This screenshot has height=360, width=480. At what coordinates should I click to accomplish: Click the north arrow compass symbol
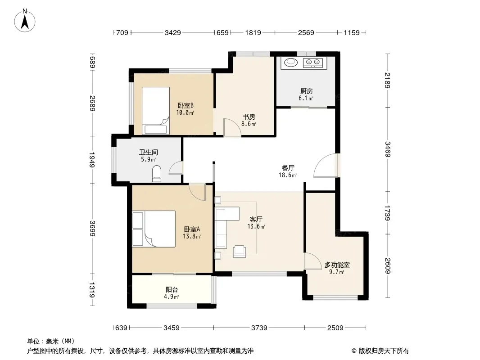(x=25, y=20)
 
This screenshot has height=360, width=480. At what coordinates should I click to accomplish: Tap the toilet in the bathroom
(x=157, y=173)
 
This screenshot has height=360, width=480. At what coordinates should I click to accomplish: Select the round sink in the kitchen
(x=291, y=63)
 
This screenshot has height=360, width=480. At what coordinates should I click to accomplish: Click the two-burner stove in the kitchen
(x=313, y=63)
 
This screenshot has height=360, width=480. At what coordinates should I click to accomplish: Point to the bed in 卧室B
(x=155, y=110)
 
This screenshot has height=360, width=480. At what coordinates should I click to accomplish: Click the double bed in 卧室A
(x=154, y=229)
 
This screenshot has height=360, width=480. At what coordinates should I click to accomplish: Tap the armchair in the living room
(x=240, y=252)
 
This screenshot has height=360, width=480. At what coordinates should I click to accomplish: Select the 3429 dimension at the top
(x=172, y=32)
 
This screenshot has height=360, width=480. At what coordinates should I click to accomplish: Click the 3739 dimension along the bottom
(x=259, y=328)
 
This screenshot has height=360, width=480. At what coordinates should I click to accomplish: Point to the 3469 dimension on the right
(x=388, y=149)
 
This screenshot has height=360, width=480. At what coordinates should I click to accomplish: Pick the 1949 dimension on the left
(x=92, y=160)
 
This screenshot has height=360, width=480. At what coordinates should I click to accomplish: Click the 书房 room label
(x=249, y=117)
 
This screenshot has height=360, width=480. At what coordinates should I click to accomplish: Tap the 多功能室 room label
(x=337, y=265)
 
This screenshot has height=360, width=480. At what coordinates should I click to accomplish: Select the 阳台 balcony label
(x=172, y=289)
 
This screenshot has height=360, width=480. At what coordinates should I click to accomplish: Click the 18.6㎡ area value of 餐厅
(x=288, y=175)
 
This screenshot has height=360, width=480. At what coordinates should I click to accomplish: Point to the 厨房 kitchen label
(x=307, y=91)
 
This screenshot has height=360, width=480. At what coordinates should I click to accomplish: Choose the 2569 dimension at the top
(x=306, y=32)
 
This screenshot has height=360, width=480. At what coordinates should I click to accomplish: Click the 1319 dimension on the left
(x=92, y=290)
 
